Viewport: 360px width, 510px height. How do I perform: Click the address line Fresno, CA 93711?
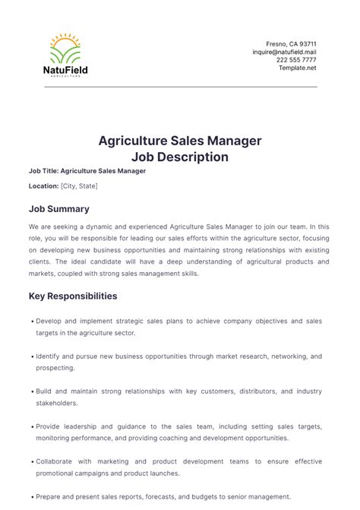click(x=291, y=44)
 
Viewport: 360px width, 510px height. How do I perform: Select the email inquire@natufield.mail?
click(x=285, y=52)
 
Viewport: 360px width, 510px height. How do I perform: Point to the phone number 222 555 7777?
click(x=296, y=60)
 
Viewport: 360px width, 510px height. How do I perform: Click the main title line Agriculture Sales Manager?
click(x=180, y=141)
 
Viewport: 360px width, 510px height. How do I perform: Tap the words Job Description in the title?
click(x=180, y=157)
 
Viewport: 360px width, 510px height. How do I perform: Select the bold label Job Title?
click(x=43, y=171)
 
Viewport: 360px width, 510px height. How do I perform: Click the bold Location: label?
click(x=43, y=186)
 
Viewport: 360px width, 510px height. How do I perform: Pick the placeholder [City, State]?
click(x=79, y=186)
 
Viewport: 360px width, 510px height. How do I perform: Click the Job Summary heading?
click(x=58, y=208)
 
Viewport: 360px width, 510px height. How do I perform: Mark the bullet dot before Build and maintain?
click(x=33, y=392)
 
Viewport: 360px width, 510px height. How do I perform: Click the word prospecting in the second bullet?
click(x=55, y=367)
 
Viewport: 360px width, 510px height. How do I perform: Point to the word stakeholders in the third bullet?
click(x=56, y=403)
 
